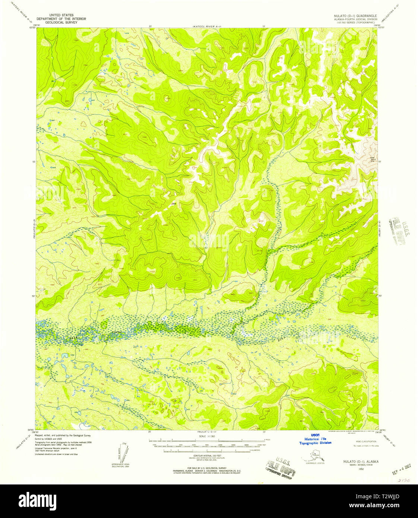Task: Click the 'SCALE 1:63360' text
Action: tap(208, 436)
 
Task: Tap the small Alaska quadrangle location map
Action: tap(315, 455)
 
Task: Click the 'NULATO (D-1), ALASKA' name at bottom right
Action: tap(358, 461)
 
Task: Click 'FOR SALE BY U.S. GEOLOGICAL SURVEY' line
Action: tap(207, 468)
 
